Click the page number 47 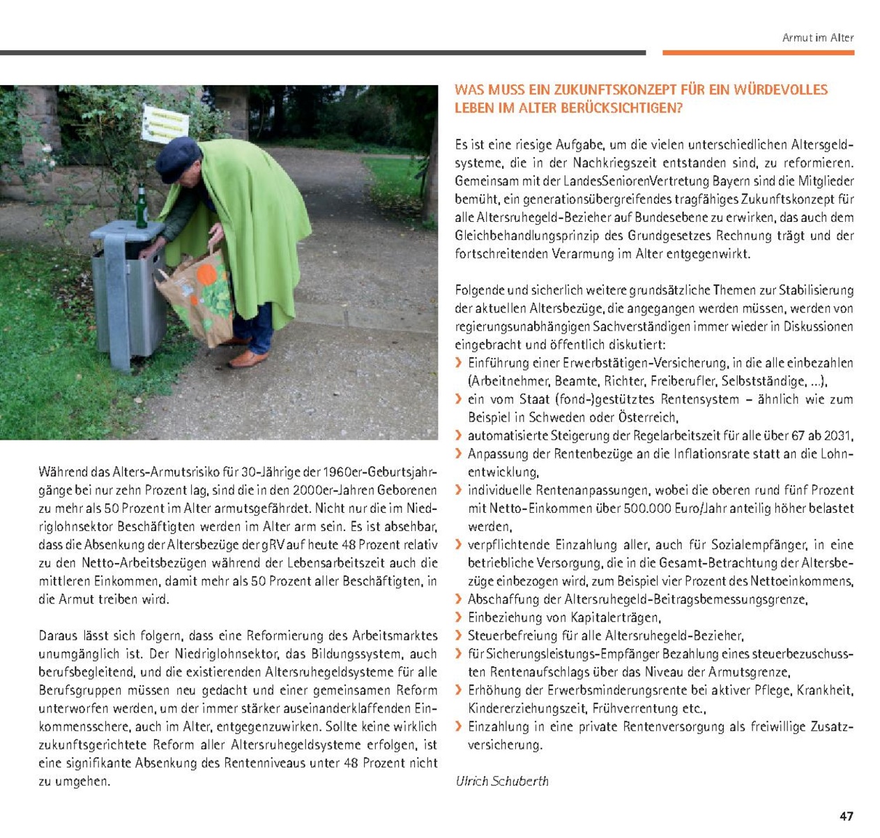coord(846,816)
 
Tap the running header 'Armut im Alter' coord(817,38)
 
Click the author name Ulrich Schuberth coord(502,781)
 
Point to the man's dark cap coord(178,157)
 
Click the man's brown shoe coord(248,359)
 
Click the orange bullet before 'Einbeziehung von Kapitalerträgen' coord(458,617)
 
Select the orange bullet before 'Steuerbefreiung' coord(458,635)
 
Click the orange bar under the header coord(758,52)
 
